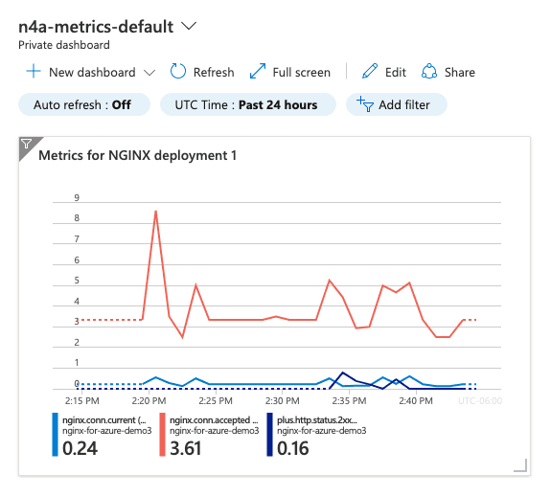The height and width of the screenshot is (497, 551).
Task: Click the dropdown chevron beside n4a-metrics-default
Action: pos(189,26)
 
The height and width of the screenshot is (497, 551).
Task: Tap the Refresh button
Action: pos(202,72)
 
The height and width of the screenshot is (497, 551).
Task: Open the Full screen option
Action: pos(289,72)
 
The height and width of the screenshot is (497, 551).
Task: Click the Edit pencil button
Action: pos(384,72)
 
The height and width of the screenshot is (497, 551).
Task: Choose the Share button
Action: pos(448,72)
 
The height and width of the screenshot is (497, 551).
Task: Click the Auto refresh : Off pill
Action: pos(83,104)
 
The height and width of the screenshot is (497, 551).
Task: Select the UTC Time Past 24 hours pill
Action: pos(247,104)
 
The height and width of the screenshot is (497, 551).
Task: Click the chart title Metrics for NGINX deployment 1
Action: pos(136,155)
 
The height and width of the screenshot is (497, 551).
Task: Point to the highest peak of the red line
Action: pos(155,212)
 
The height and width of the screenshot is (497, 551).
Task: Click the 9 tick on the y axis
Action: pos(76,198)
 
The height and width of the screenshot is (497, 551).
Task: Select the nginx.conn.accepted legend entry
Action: pos(214,419)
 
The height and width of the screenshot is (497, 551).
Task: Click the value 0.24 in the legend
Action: pos(83,447)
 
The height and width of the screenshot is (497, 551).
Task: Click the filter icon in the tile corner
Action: pos(26,144)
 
